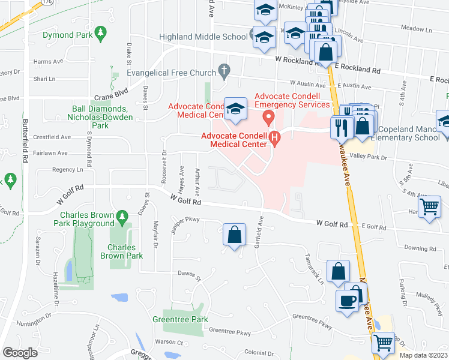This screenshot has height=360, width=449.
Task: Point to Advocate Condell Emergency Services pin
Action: [269, 116]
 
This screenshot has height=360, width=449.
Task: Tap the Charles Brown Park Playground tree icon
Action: [122, 215]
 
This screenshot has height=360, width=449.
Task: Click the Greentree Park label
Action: [180, 319]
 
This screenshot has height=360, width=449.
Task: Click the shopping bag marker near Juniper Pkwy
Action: [234, 235]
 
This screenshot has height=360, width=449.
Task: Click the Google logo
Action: [20, 353]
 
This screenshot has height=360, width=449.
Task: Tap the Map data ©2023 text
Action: [424, 355]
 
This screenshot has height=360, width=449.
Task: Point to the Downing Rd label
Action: [420, 248]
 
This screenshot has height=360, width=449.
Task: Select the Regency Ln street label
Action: [67, 170]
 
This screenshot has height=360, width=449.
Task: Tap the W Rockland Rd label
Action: [295, 61]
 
